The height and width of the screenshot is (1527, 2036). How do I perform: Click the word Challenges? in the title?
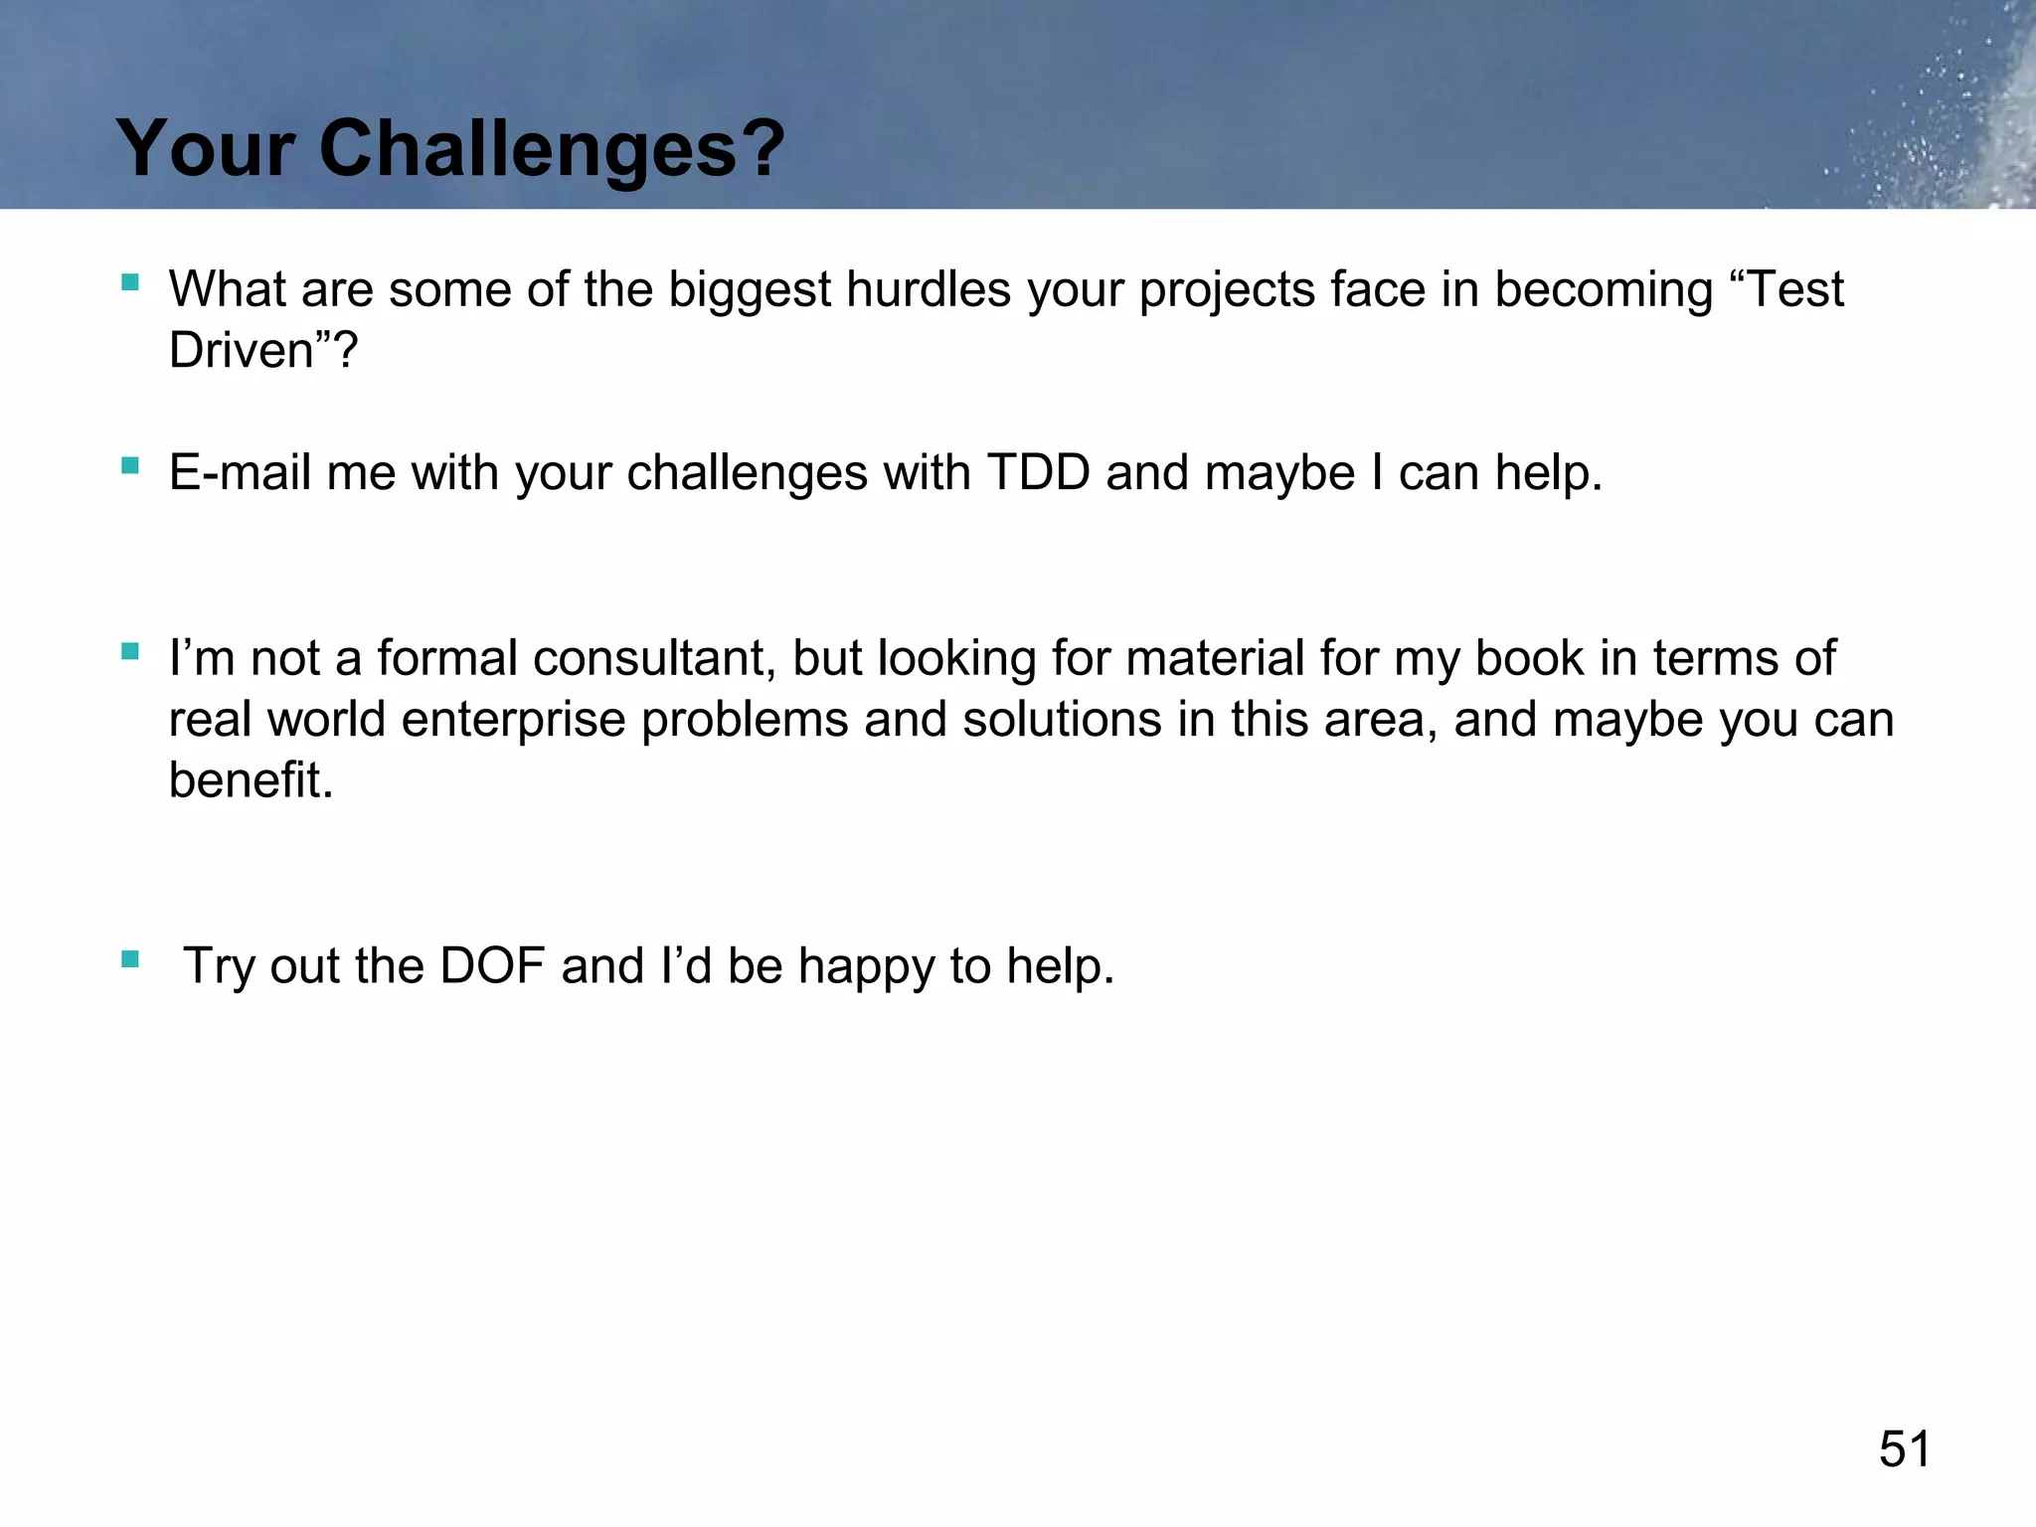(552, 149)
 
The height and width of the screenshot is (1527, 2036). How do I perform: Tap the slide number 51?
(1904, 1448)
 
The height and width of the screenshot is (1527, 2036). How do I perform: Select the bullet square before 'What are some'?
(130, 282)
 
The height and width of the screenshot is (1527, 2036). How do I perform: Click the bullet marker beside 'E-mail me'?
(130, 465)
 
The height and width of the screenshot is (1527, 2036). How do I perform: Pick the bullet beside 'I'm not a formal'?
(130, 651)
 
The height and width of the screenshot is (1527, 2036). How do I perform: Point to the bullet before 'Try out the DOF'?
(130, 959)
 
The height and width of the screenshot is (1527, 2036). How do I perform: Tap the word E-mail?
(240, 472)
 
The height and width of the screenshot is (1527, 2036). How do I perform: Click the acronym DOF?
(491, 966)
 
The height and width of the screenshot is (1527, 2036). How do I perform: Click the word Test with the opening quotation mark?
(1786, 289)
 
